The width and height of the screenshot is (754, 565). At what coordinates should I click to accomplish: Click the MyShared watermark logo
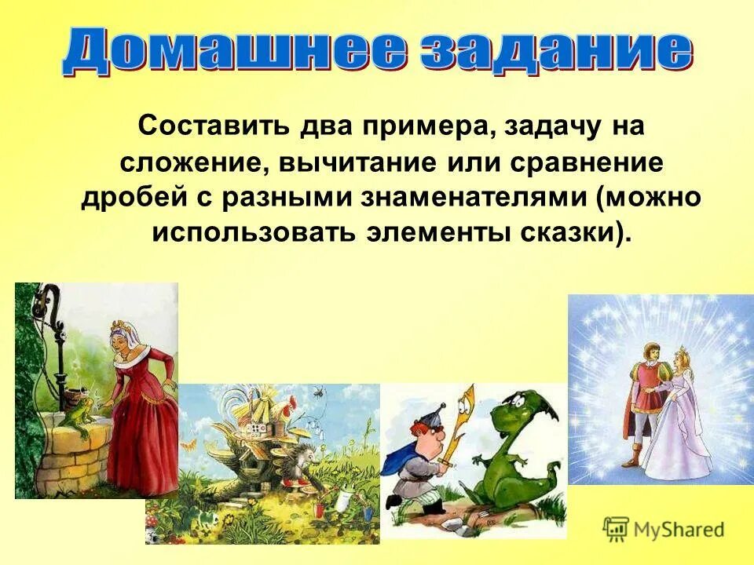pos(664,528)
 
